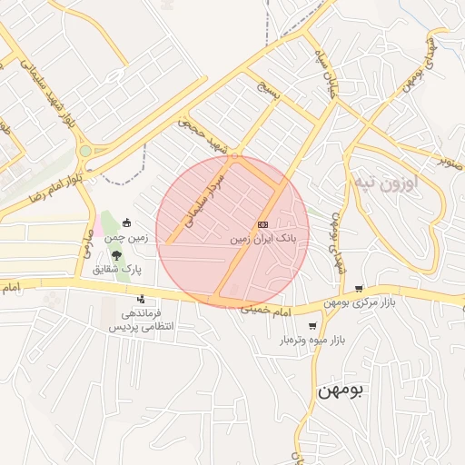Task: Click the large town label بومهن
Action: click(341, 390)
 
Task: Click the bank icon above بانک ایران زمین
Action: click(262, 223)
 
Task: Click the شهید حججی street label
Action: click(204, 133)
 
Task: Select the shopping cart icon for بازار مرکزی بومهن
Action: click(359, 288)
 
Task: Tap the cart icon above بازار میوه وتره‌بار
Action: click(312, 326)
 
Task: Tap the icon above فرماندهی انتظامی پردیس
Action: click(141, 299)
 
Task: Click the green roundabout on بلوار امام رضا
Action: click(85, 151)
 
